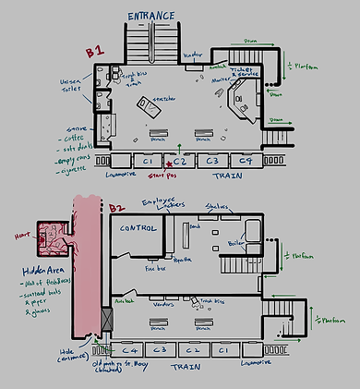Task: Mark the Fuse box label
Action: pos(154,270)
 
